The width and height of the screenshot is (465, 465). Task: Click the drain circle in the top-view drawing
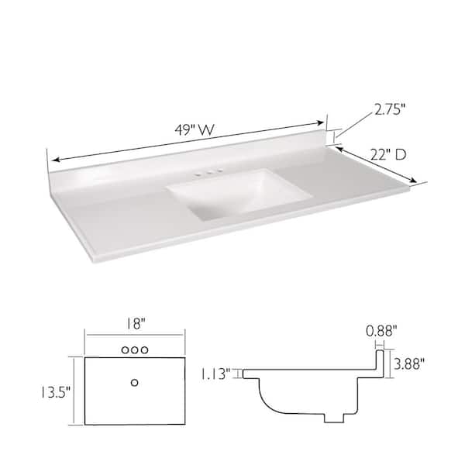[x=136, y=382]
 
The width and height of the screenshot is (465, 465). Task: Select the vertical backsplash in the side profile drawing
[x=381, y=364]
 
